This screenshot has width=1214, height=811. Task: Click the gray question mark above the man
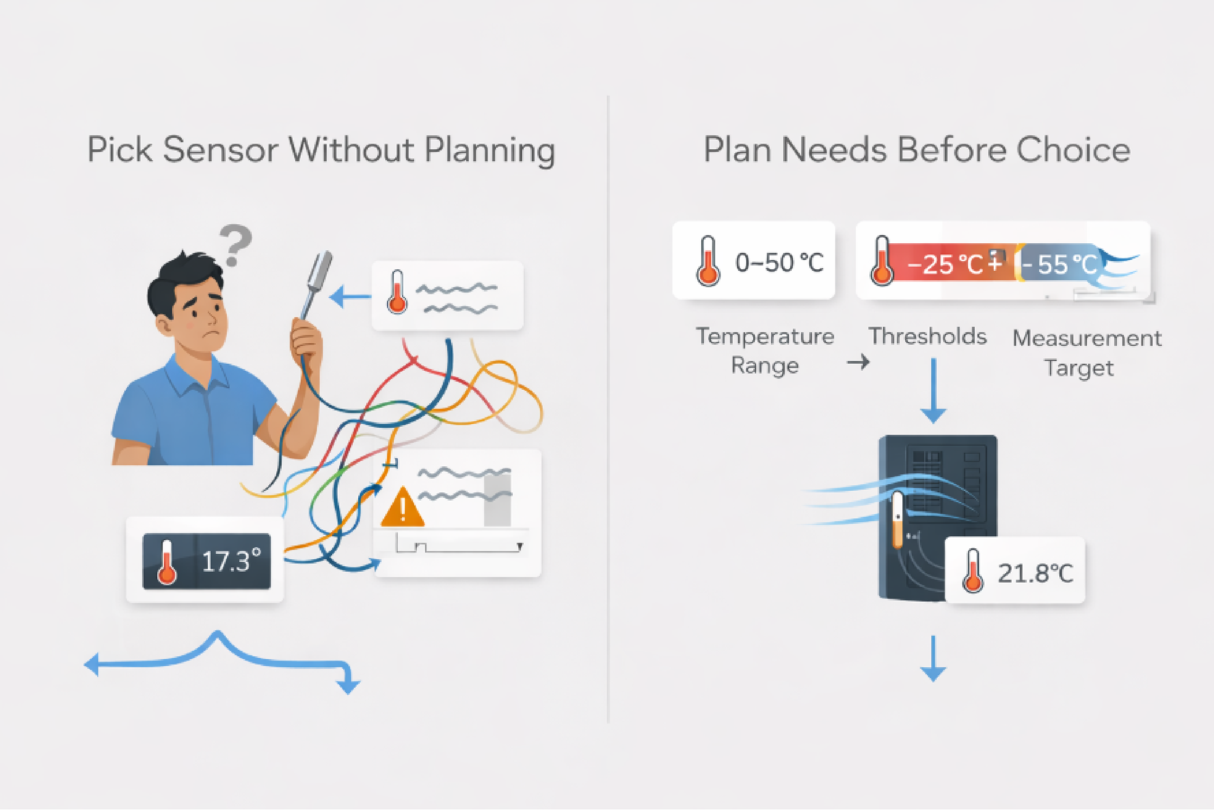[x=236, y=244]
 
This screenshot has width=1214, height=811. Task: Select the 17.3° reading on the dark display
[x=231, y=562]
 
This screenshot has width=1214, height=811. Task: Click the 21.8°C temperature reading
[x=1035, y=573]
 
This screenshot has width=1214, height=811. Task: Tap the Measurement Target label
[x=1086, y=353]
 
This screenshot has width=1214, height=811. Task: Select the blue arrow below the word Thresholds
[x=933, y=393]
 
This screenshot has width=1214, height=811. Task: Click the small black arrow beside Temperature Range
[x=858, y=362]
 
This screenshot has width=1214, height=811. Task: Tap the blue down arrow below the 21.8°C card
[x=933, y=659]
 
